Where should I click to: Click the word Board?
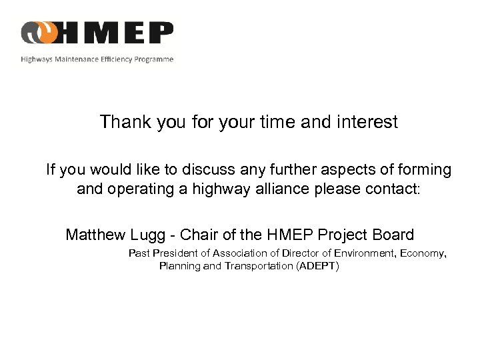392,235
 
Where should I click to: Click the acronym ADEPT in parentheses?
317,266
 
